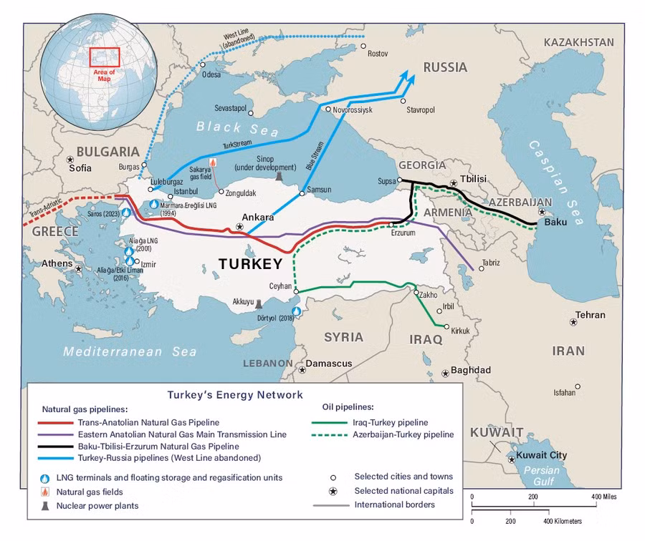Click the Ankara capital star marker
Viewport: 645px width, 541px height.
[240, 227]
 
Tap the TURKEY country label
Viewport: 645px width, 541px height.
[250, 264]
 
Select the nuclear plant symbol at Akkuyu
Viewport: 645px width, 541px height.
[259, 303]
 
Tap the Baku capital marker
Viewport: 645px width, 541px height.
[542, 212]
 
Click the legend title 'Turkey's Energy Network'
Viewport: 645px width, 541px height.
[235, 394]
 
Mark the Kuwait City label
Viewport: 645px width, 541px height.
[537, 455]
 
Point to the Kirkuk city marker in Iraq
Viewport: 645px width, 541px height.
[446, 328]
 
